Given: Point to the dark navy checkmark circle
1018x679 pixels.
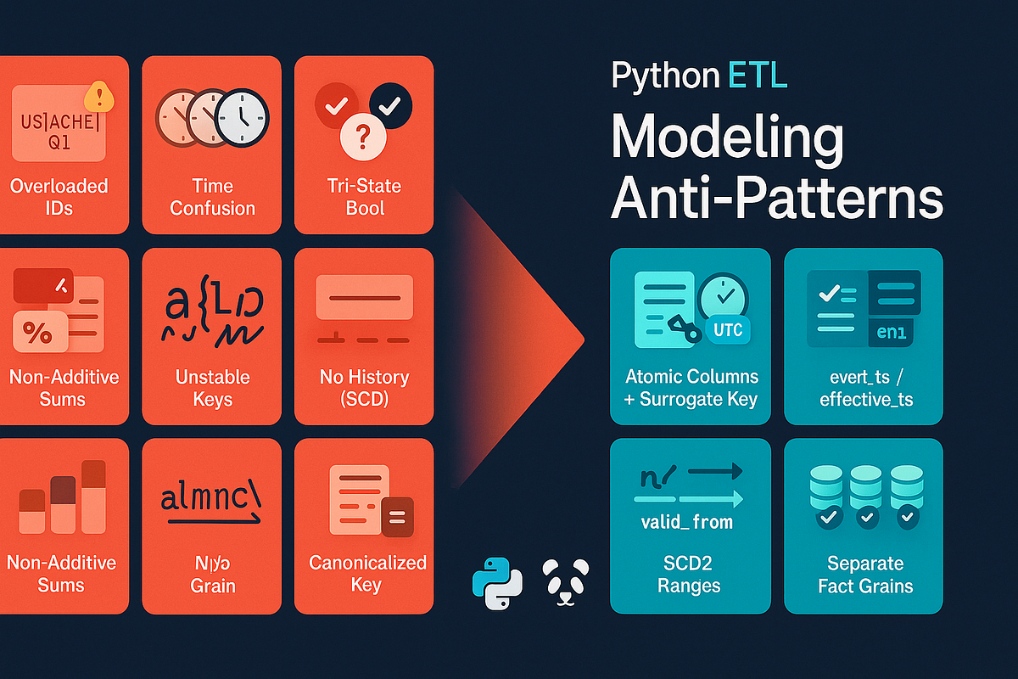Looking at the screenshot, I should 390,106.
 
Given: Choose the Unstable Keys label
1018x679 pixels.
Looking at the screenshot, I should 212,388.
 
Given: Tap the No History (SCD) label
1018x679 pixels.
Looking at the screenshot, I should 364,388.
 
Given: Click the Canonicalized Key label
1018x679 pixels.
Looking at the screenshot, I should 367,574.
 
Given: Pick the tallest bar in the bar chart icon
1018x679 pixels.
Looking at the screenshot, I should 92,497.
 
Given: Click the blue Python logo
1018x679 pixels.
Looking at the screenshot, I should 496,583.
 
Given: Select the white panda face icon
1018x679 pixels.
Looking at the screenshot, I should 565,581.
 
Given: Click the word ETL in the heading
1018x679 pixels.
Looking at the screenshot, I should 758,76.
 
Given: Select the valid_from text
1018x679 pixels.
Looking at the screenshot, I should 688,521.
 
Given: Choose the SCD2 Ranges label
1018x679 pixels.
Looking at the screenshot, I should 689,575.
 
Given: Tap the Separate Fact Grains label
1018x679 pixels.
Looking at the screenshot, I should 864,575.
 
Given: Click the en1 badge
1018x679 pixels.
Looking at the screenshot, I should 891,333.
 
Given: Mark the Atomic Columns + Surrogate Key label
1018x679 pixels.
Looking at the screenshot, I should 691,388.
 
